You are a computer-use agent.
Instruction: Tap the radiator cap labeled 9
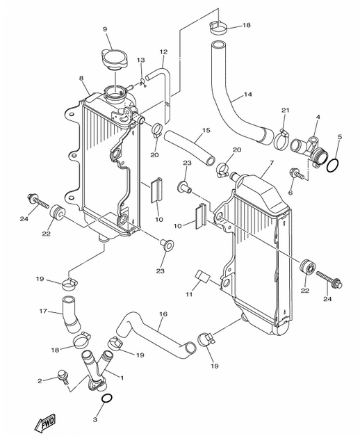click(115, 60)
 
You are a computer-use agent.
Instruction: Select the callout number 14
click(247, 95)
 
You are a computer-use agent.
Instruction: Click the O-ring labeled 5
click(332, 166)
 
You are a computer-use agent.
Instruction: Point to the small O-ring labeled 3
click(107, 398)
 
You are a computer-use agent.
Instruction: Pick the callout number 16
click(163, 314)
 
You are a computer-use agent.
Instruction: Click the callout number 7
click(272, 162)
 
